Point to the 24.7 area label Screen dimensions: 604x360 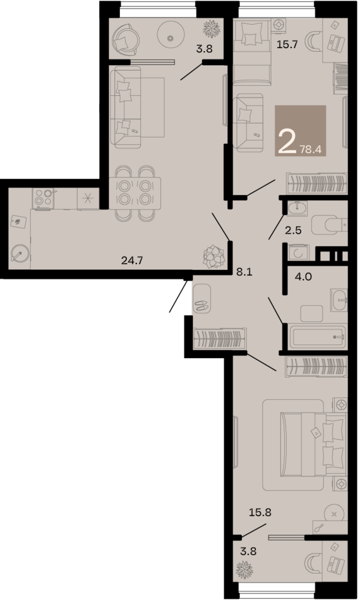[x=133, y=259]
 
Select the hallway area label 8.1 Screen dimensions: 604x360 [x=244, y=272]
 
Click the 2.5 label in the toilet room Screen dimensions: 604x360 [x=293, y=230]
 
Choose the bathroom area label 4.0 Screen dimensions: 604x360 [x=304, y=276]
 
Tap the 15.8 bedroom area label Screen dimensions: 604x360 [x=260, y=512]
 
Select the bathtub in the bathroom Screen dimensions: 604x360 [x=318, y=337]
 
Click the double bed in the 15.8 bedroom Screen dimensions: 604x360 [x=314, y=442]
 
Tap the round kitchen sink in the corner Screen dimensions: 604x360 [x=20, y=255]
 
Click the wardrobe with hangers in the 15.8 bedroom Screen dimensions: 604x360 [x=316, y=366]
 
